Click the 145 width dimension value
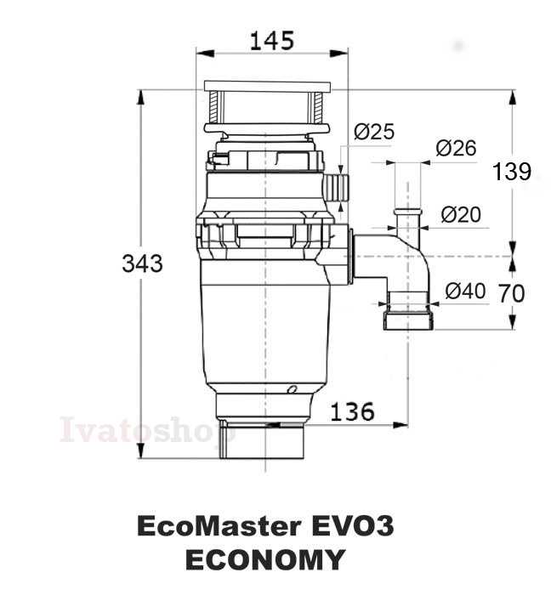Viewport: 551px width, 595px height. [x=272, y=41]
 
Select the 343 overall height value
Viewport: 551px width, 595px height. [x=142, y=263]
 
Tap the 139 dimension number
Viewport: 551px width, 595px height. [x=512, y=171]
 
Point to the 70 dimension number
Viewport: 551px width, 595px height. [x=512, y=293]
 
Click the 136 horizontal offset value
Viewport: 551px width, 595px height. [x=353, y=411]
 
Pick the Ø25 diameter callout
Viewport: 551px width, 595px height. [x=374, y=131]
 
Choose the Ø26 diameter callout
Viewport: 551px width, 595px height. [x=456, y=148]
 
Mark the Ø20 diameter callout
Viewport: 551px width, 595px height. [x=461, y=214]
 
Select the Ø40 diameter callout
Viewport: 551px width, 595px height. [x=465, y=291]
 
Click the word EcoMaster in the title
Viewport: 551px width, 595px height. [x=219, y=526]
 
